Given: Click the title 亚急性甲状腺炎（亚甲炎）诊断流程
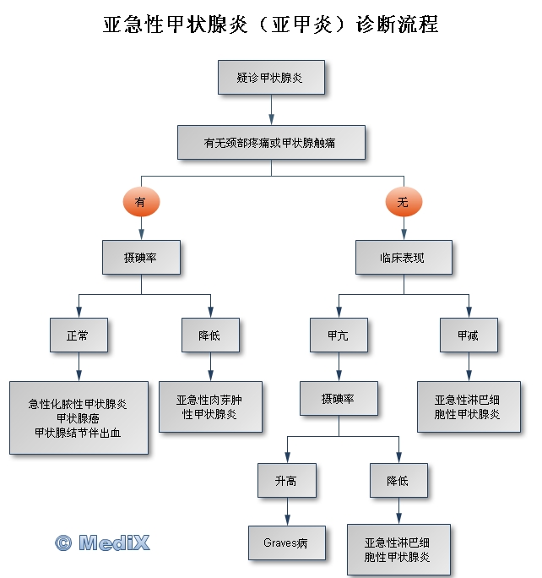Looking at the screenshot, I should [x=271, y=25].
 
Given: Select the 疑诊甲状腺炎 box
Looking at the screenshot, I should [x=271, y=78].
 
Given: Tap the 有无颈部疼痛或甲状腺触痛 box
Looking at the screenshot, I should [x=271, y=143].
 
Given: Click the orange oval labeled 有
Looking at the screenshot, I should [x=140, y=201].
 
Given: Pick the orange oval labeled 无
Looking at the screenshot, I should [x=403, y=201].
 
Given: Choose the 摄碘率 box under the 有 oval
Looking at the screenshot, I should [x=141, y=257].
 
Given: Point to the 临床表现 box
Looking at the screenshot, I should [x=403, y=257].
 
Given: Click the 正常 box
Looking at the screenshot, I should [x=78, y=335].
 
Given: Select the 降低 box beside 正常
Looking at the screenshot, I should [x=210, y=335].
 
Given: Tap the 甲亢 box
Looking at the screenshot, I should [x=338, y=335].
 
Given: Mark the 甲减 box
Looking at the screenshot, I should [x=469, y=335].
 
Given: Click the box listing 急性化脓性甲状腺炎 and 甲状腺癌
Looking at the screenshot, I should [x=79, y=417].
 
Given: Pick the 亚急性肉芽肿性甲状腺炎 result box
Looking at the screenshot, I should [x=209, y=407].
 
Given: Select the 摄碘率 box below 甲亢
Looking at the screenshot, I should [x=339, y=397].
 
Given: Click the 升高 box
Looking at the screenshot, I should [x=286, y=481].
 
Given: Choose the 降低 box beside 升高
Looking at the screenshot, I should [x=398, y=481].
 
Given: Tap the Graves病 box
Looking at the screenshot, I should [x=286, y=543].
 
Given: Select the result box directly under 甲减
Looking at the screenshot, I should [x=469, y=407].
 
